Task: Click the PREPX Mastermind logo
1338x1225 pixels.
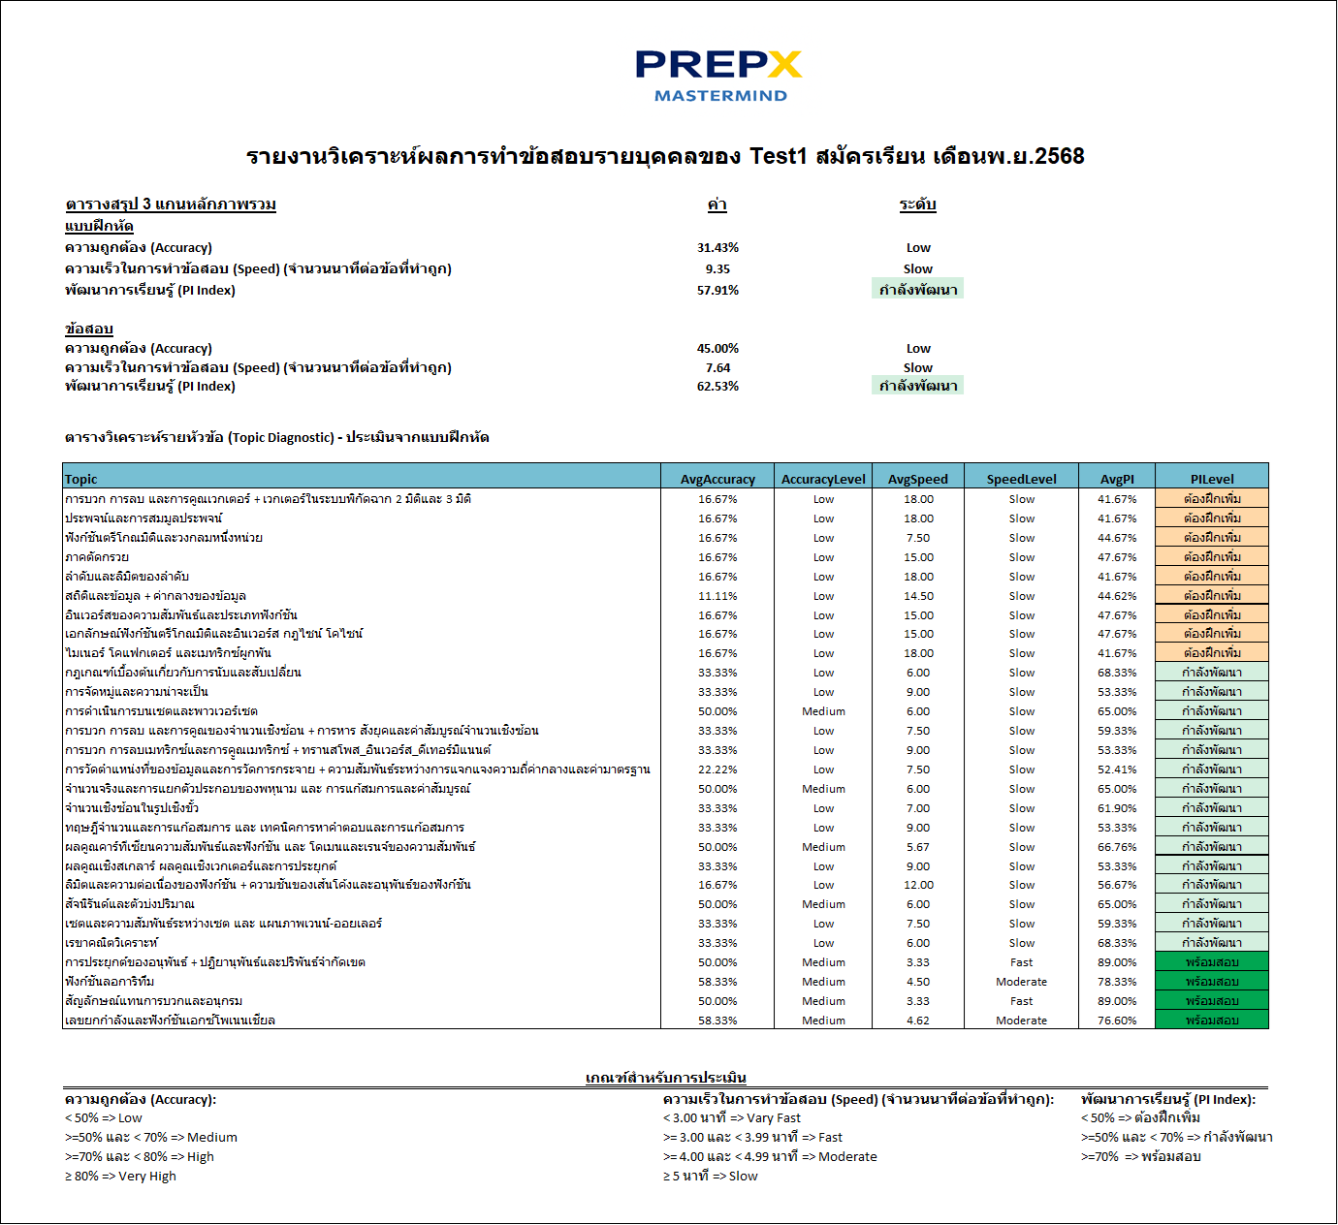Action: tap(718, 76)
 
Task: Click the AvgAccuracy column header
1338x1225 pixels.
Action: tap(717, 479)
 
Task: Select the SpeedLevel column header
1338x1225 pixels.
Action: tap(1021, 479)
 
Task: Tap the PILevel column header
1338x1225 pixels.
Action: tap(1212, 479)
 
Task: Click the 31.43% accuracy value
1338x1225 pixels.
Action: tap(717, 248)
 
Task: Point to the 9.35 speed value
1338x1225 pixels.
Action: tap(717, 269)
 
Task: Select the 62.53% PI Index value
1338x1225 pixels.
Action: tap(717, 387)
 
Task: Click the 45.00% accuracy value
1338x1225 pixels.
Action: tap(717, 349)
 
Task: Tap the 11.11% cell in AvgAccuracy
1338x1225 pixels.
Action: tap(717, 596)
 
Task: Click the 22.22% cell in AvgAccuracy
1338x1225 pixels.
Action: tap(717, 770)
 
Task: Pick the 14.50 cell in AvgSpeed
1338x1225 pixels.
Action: tap(918, 596)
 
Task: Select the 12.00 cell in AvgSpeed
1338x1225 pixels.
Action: tap(918, 885)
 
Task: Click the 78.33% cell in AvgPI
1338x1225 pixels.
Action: tap(1117, 982)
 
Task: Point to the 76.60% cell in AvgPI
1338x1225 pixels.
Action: tap(1117, 1021)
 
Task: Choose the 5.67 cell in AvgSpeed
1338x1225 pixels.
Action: tap(918, 847)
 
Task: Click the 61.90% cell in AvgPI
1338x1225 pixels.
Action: tap(1117, 808)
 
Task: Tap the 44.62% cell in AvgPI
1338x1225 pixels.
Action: tap(1117, 596)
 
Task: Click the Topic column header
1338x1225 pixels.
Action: tap(81, 479)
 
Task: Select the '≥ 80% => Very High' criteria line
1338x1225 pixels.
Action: tap(120, 1177)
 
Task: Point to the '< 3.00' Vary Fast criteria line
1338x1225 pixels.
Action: tap(732, 1118)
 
